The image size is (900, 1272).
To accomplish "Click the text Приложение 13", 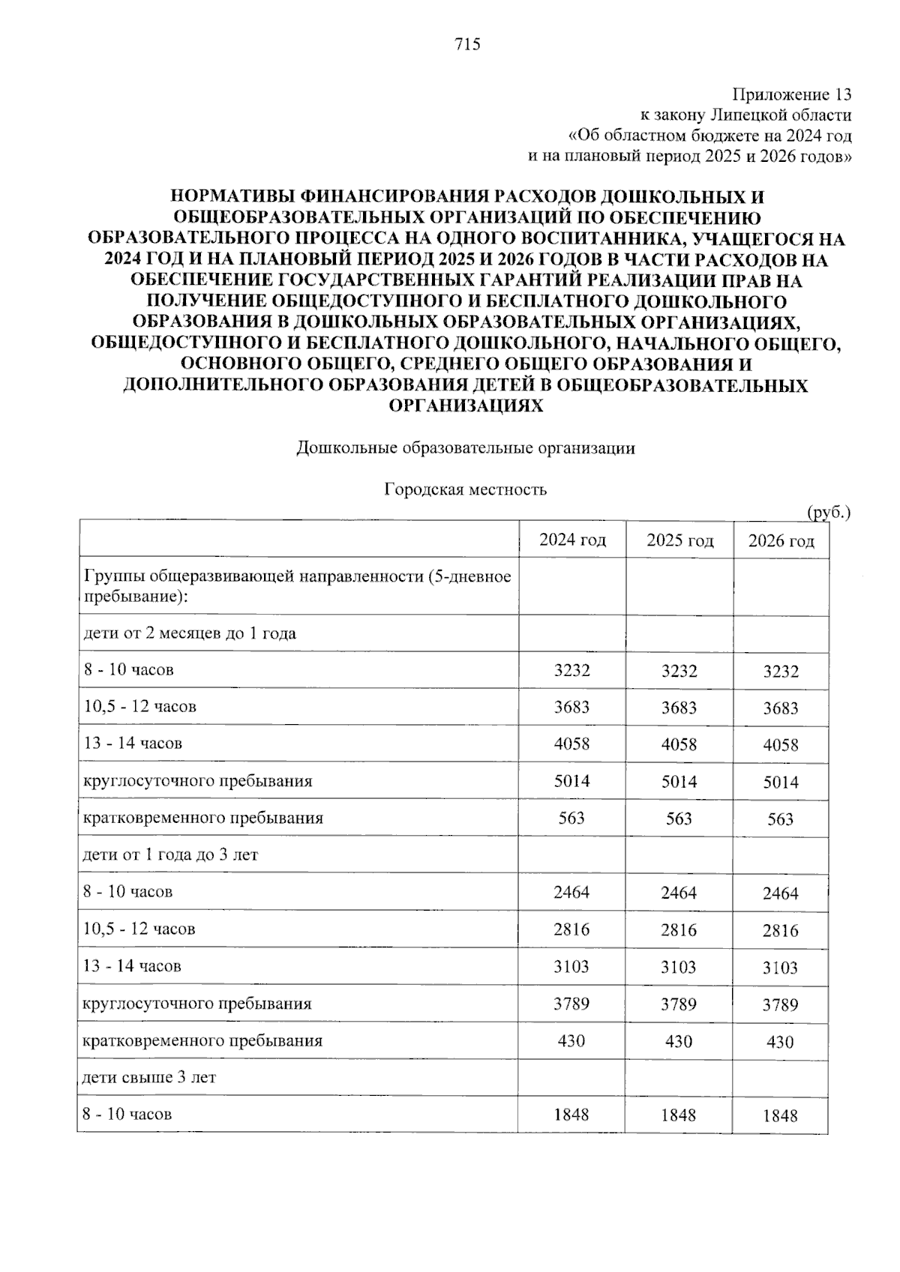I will (x=791, y=95).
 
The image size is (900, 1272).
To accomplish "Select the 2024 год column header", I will (x=572, y=540).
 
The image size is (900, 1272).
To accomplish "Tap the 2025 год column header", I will (x=679, y=540).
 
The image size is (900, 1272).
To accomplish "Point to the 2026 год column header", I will (x=781, y=541).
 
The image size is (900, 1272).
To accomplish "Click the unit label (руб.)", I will (x=828, y=513).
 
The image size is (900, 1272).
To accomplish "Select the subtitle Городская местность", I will (x=466, y=489).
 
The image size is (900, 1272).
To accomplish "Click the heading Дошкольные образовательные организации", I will (x=466, y=448).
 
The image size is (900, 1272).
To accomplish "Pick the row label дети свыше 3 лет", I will (x=150, y=1077).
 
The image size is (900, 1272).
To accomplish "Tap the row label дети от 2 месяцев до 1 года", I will (x=190, y=633).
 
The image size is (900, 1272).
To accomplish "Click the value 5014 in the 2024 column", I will (x=571, y=781).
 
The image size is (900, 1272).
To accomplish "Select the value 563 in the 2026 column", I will (x=780, y=819).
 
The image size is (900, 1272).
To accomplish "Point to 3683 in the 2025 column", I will (x=679, y=708).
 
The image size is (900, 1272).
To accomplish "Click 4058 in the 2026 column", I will (x=780, y=745).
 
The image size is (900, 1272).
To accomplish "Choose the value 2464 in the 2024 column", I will (x=571, y=892).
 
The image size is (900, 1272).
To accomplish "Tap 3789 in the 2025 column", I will (x=679, y=1004).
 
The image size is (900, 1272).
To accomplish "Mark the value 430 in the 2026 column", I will (x=780, y=1042).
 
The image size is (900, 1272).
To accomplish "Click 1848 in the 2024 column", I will (x=571, y=1115).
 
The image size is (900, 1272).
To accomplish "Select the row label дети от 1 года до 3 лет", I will (x=171, y=854).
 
